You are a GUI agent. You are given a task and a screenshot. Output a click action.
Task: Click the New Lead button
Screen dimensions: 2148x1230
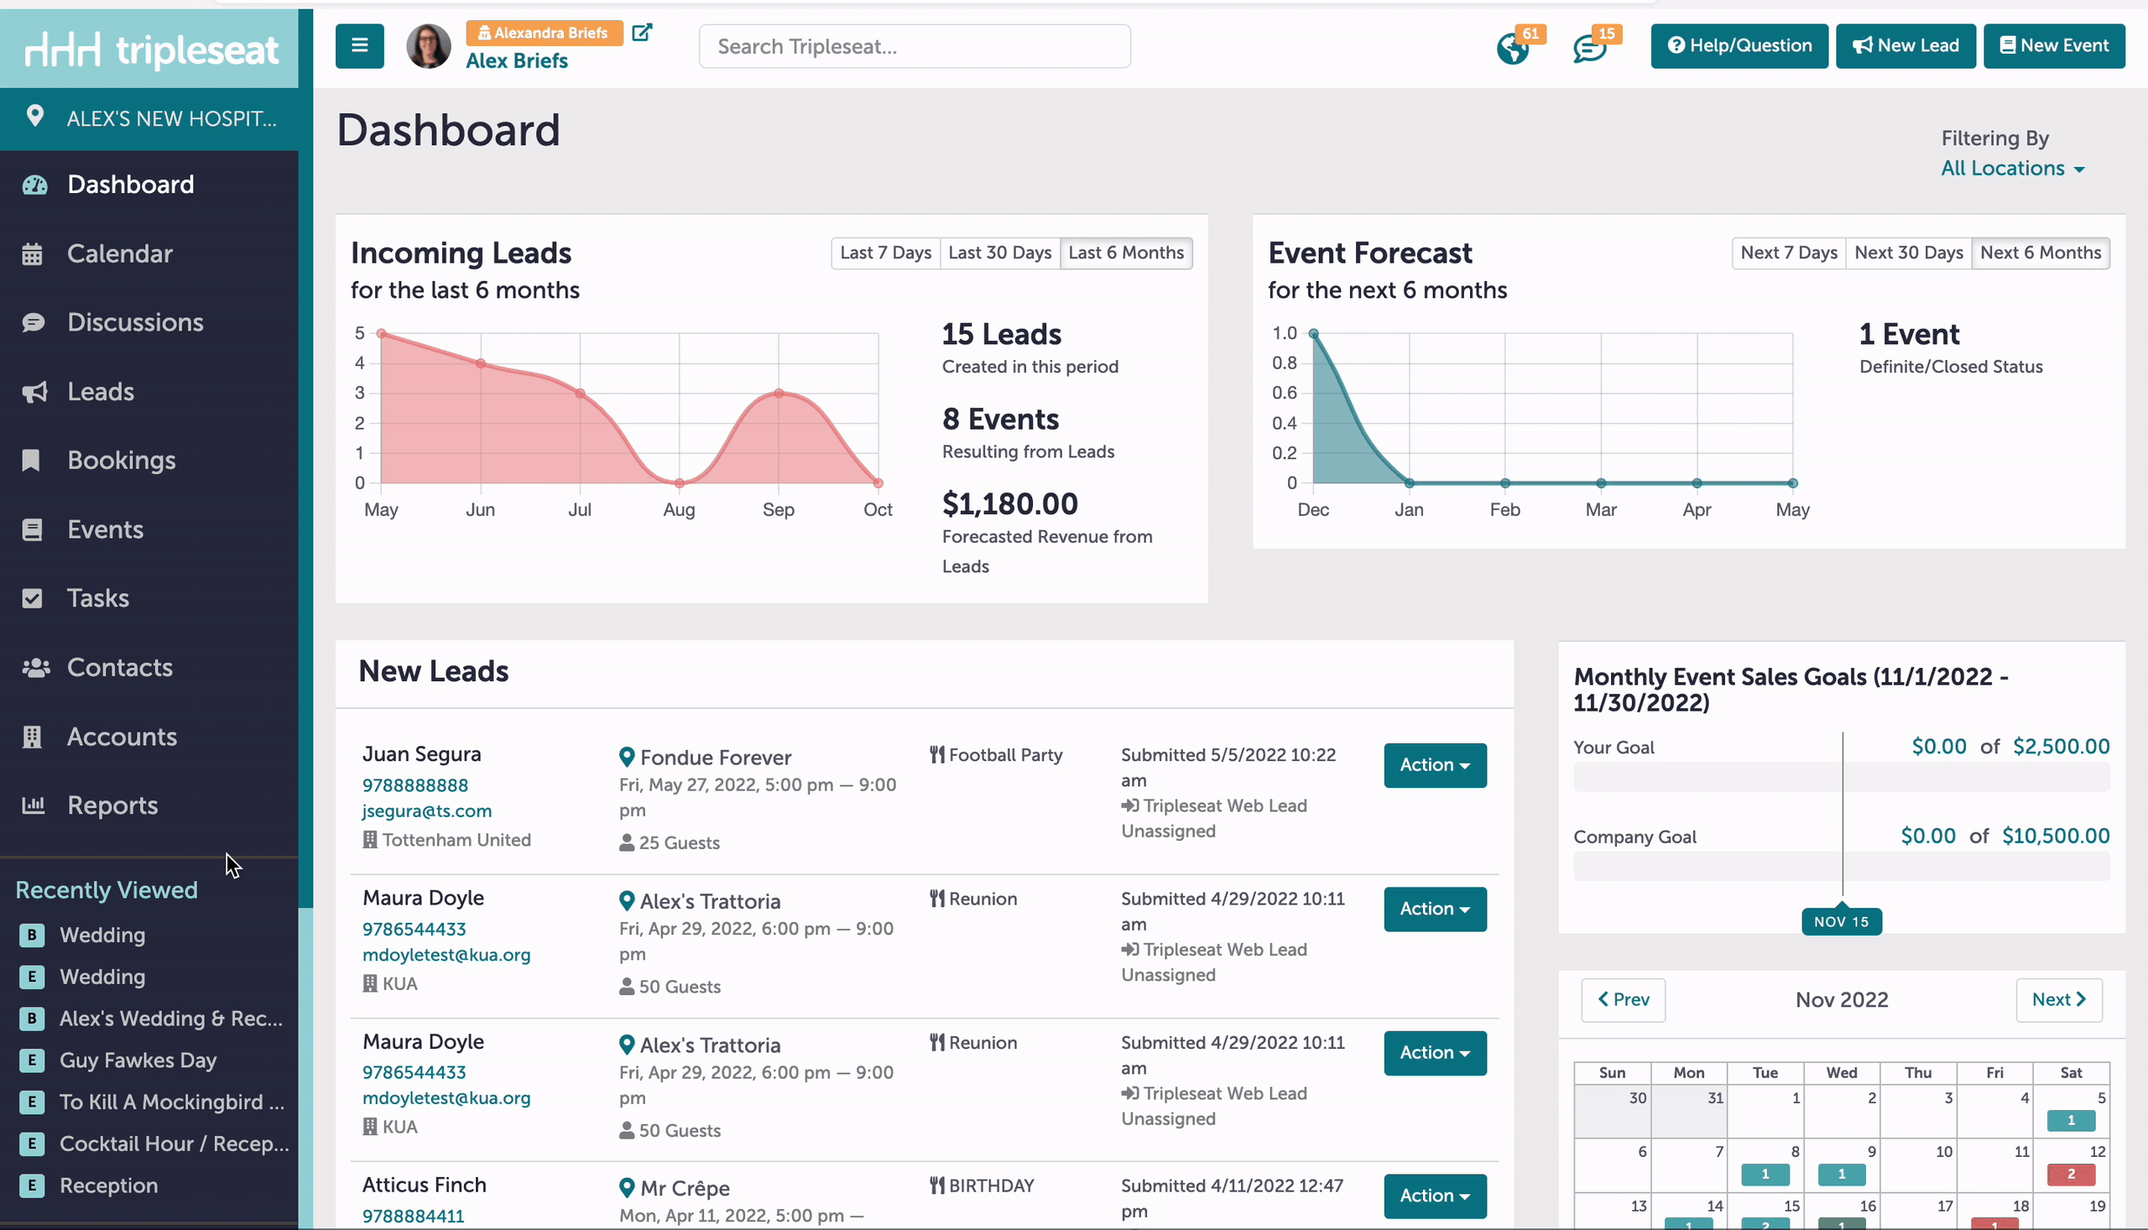pos(1905,45)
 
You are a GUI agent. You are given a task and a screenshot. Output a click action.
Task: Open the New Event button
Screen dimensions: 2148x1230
pos(2053,45)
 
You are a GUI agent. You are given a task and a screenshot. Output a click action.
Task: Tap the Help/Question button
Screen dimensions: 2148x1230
pos(1739,45)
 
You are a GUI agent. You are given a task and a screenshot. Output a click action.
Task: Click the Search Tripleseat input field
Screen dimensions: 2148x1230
pos(914,46)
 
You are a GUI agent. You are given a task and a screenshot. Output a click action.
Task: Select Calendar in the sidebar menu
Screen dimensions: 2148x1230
pos(120,253)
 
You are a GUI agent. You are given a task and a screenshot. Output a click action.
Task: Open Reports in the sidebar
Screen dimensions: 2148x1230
pos(112,805)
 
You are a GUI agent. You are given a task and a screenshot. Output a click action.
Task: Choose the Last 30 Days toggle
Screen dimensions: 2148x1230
pos(999,253)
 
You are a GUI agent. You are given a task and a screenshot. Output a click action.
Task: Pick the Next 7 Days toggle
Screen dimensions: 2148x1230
pos(1788,253)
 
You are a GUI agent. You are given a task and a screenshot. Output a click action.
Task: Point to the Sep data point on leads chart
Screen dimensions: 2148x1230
pos(778,393)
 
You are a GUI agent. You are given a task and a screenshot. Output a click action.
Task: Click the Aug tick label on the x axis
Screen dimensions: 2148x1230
pos(678,509)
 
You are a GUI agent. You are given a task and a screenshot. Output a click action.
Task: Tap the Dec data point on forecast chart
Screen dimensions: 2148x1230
pos(1312,334)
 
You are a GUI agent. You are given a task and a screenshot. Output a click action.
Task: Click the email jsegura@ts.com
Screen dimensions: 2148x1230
pos(426,811)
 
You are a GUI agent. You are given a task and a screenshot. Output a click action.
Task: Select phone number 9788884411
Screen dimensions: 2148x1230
pos(413,1216)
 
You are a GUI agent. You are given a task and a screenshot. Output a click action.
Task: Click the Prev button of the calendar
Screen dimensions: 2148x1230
pos(1623,999)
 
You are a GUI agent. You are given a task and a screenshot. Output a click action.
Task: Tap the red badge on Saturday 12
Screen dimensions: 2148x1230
pos(2070,1174)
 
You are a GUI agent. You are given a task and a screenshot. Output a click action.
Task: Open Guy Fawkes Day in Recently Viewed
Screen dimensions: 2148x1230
pos(138,1061)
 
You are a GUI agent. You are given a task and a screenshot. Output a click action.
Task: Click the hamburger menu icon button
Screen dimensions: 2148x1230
pos(360,45)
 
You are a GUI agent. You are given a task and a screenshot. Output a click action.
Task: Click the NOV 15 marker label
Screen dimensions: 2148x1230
pos(1841,921)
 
